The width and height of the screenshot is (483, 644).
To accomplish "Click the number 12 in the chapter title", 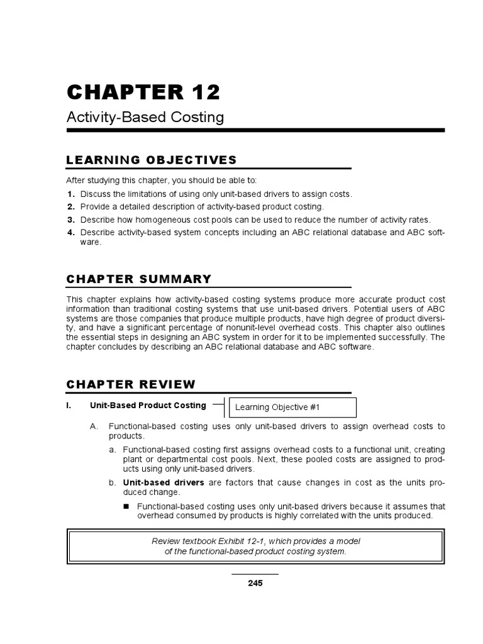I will pyautogui.click(x=203, y=92).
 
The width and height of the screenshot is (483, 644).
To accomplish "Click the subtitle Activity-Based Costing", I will pyautogui.click(x=145, y=117).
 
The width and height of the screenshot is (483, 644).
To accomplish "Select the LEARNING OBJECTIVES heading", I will pyautogui.click(x=152, y=160).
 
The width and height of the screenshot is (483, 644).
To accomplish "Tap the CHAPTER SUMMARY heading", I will pyautogui.click(x=139, y=279).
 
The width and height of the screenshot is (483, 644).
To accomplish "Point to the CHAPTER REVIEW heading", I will pyautogui.click(x=131, y=384).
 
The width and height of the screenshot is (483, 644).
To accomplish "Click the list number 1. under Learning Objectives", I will pyautogui.click(x=71, y=194).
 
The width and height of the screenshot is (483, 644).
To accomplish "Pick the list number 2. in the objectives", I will pyautogui.click(x=71, y=206).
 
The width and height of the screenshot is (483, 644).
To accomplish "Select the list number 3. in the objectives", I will pyautogui.click(x=71, y=219).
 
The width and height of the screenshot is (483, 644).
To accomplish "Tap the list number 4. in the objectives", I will pyautogui.click(x=71, y=232).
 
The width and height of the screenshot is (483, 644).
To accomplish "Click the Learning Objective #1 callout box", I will pyautogui.click(x=293, y=408).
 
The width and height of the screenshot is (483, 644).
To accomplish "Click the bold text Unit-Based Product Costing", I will pyautogui.click(x=148, y=405).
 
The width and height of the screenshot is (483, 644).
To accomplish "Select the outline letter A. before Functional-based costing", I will pyautogui.click(x=94, y=426).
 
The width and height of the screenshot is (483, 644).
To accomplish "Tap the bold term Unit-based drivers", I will pyautogui.click(x=164, y=482).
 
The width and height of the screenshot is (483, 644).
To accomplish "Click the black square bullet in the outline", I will pyautogui.click(x=126, y=506).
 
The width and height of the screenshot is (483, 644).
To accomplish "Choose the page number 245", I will pyautogui.click(x=255, y=583).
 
